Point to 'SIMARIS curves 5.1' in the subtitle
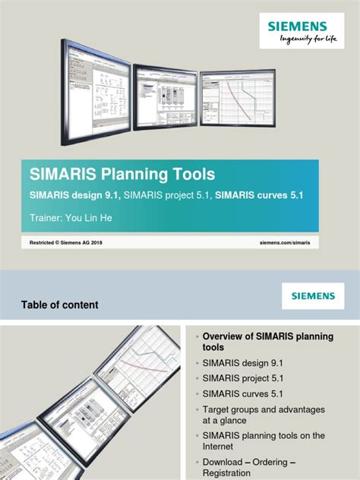(259, 195)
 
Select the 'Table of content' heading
(59, 305)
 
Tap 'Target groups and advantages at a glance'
(263, 415)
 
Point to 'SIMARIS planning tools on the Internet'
(263, 441)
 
